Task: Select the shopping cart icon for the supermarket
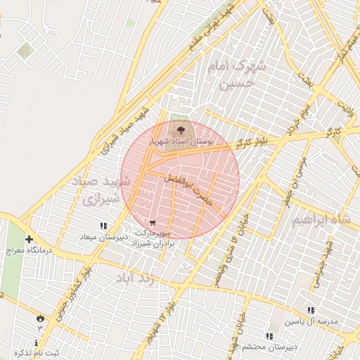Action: (x=153, y=222)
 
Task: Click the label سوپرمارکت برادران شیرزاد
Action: (x=159, y=236)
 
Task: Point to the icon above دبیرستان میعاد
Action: (x=104, y=226)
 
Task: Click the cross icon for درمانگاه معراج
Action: (x=29, y=239)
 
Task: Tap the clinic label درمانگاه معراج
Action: (x=25, y=250)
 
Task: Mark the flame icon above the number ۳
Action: (x=40, y=318)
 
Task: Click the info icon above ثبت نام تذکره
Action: (x=36, y=342)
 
